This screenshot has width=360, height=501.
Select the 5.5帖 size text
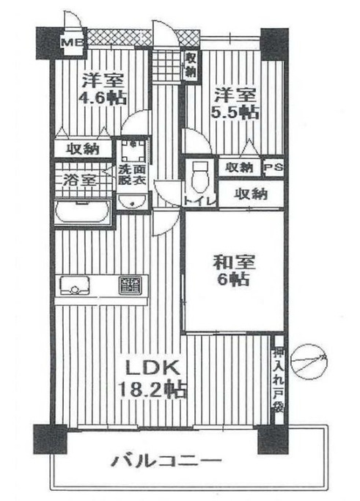coord(235,112)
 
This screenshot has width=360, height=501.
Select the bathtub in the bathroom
coord(82,213)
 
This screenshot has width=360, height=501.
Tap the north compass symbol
coord(309,360)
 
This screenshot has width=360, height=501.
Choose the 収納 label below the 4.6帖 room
coord(82,149)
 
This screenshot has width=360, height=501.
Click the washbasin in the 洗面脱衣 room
coord(133,201)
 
